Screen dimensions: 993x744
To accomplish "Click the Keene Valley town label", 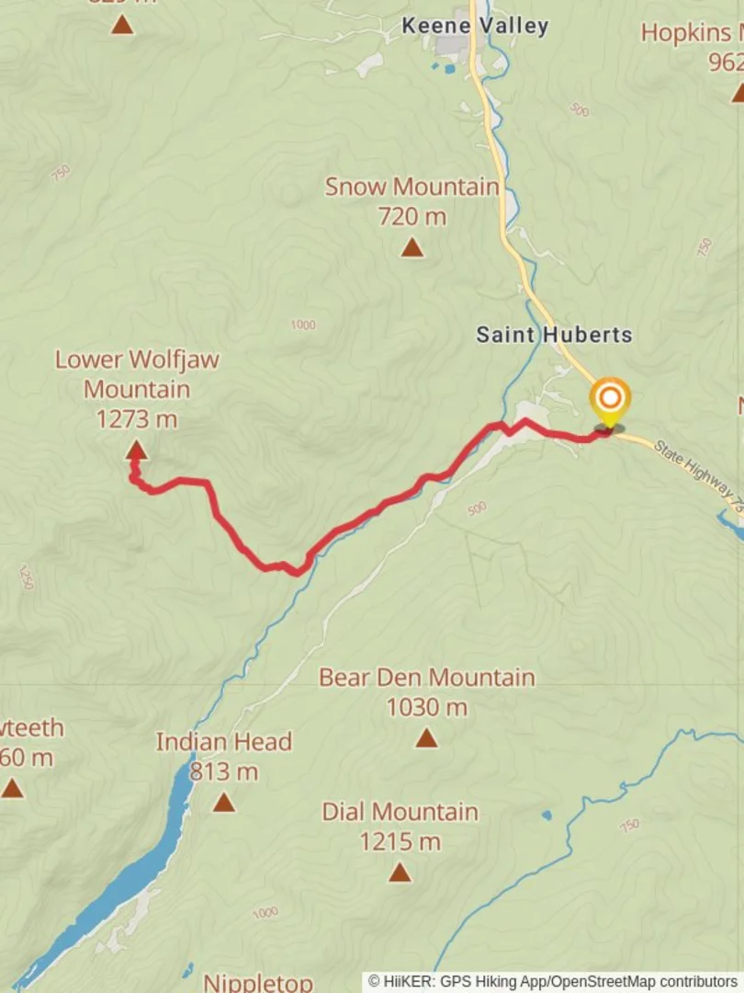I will [x=475, y=26].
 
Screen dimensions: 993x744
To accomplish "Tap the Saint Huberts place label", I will [x=554, y=334].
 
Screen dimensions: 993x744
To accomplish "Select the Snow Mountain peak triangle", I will [x=411, y=247].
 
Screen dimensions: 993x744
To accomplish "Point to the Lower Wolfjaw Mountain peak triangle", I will [x=136, y=450].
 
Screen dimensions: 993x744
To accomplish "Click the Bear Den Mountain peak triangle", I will [x=426, y=737].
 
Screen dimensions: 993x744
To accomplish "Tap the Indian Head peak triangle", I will [x=224, y=803].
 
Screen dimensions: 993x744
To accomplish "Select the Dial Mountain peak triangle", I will [x=400, y=872].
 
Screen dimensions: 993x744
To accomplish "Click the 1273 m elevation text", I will [x=136, y=419].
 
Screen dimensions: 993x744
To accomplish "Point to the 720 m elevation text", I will [x=411, y=217].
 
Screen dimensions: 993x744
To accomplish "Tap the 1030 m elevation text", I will [x=426, y=707].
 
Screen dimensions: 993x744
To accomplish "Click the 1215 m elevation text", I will [x=400, y=841].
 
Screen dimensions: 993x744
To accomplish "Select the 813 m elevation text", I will [x=224, y=772].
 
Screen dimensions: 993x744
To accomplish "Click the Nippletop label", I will [x=258, y=982].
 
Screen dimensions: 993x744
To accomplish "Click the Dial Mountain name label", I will [x=400, y=812].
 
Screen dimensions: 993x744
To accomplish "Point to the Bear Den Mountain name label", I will [x=426, y=678].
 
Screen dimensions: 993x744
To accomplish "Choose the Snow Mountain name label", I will [x=411, y=187].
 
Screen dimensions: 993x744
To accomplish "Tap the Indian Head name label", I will [x=224, y=742].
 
